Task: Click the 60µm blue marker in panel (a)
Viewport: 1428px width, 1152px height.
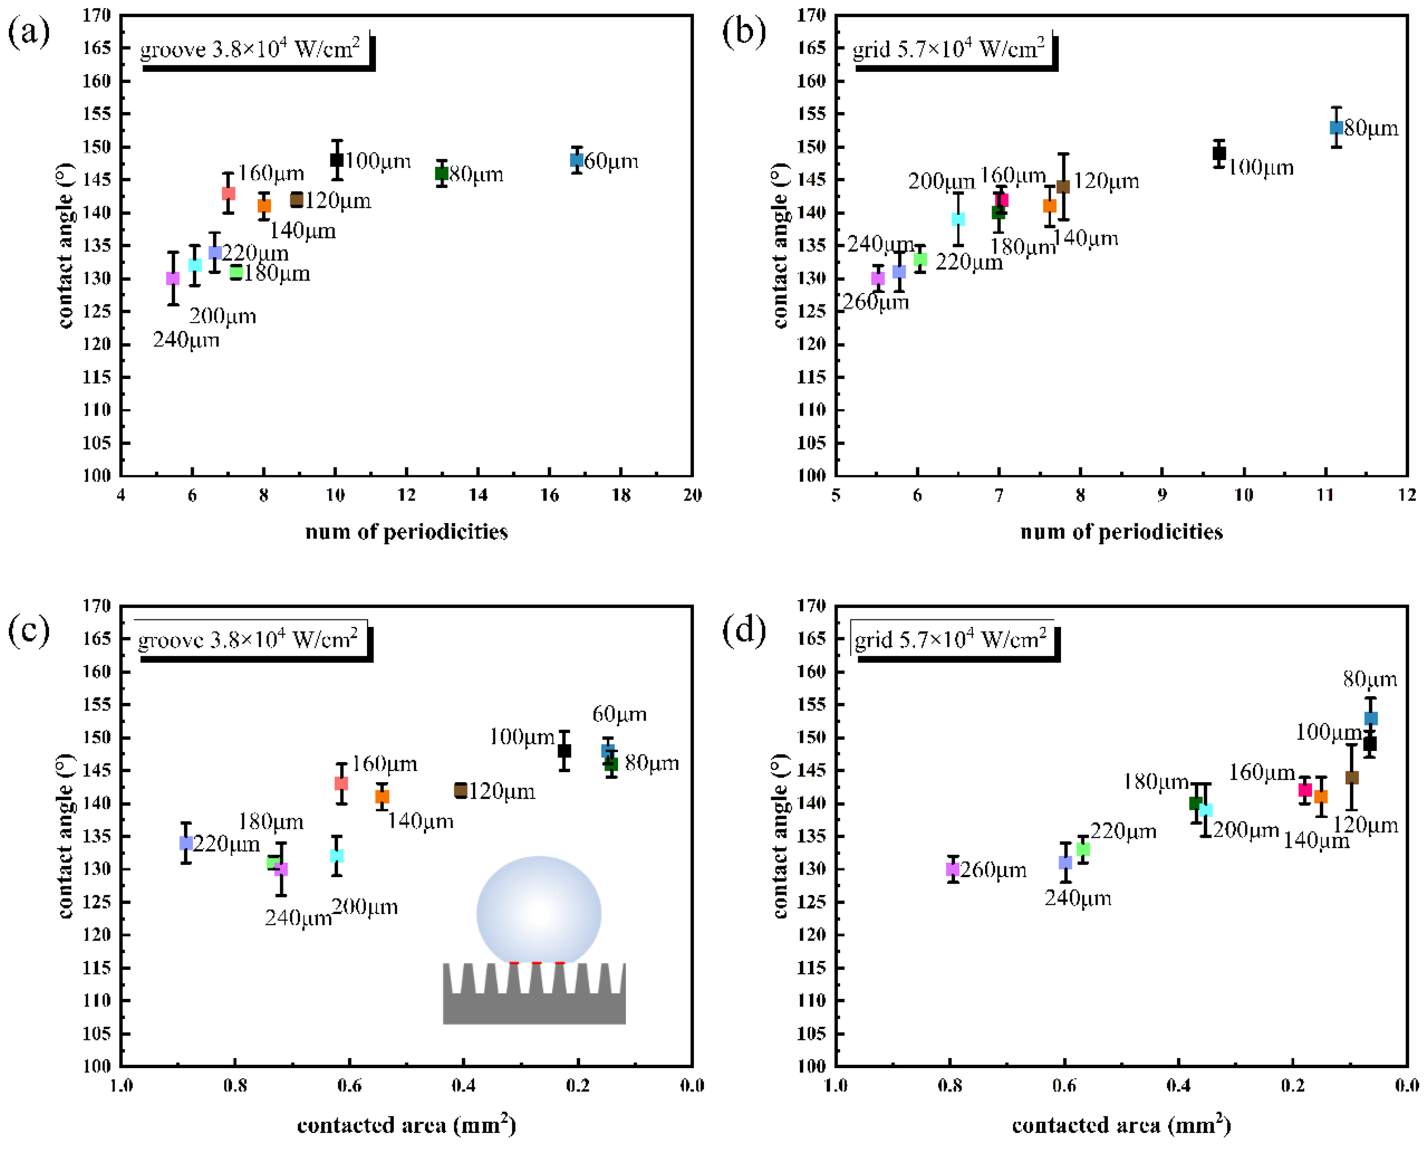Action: [577, 160]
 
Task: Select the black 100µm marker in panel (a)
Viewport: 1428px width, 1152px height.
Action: [337, 160]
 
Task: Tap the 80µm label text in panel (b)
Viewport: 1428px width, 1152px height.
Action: [1371, 128]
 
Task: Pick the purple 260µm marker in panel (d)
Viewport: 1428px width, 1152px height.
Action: [953, 869]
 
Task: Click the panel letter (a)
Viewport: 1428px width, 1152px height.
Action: [29, 32]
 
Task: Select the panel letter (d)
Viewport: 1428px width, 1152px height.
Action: [743, 628]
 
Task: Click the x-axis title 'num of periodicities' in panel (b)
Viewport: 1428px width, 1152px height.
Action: [1121, 532]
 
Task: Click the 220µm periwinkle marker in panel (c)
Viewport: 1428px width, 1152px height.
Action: [187, 843]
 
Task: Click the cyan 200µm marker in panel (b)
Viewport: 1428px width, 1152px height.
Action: [958, 219]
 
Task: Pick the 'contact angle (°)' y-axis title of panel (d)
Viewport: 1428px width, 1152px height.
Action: [780, 836]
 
